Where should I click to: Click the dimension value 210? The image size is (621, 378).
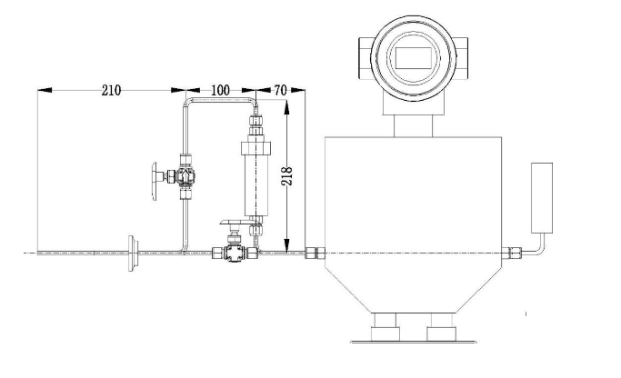(110, 91)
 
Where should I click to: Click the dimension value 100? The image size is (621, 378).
(219, 91)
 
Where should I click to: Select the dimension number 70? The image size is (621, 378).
(281, 91)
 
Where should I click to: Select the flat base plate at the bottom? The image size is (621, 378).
(415, 340)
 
